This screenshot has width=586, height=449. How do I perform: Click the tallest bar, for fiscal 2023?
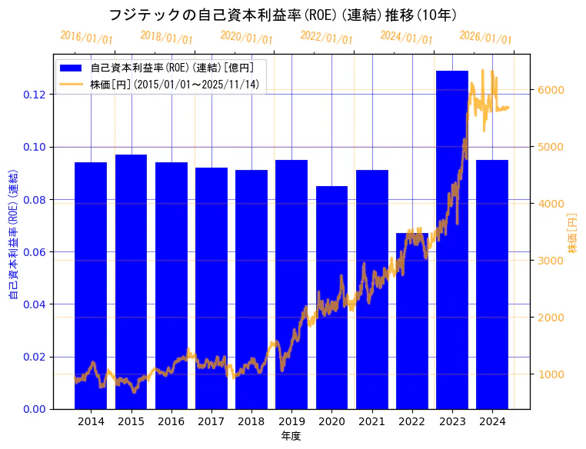click(452, 239)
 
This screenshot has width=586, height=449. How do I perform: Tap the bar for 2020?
click(331, 297)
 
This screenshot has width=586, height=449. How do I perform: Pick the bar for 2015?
click(131, 281)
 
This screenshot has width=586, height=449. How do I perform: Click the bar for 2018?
click(251, 289)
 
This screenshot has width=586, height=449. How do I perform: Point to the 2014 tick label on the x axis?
click(91, 421)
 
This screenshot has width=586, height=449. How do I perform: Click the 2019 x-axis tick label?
click(291, 421)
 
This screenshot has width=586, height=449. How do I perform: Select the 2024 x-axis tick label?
click(492, 421)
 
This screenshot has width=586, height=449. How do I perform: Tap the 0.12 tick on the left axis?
click(35, 95)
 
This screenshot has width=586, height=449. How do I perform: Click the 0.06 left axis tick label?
click(35, 252)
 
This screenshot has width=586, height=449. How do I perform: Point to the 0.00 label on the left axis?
click(35, 409)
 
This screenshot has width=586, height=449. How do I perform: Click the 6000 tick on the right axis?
click(551, 90)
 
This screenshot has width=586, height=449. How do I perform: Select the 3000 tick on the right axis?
click(551, 261)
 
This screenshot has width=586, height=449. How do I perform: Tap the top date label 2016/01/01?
click(86, 38)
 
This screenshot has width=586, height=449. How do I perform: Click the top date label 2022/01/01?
click(326, 38)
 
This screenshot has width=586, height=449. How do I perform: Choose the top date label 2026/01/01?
click(485, 38)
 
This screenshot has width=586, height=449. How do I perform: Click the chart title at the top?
click(283, 15)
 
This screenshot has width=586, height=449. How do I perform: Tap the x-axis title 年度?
click(291, 436)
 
